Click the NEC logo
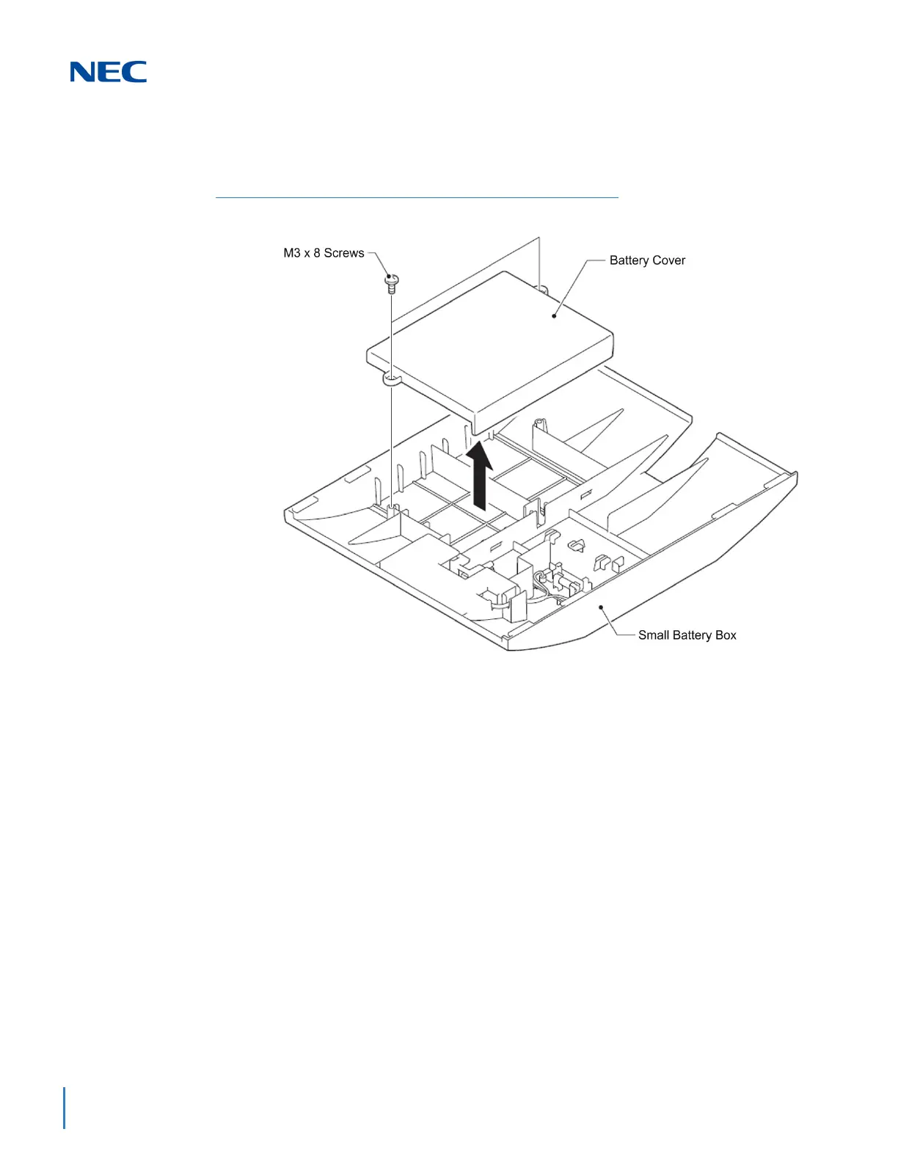coord(108,72)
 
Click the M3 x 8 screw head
coord(391,279)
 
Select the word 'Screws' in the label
coord(344,253)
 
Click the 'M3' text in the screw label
coord(292,253)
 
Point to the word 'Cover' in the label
coord(668,260)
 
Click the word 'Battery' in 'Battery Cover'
coord(629,260)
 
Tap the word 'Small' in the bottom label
coord(654,635)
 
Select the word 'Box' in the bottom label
coord(726,635)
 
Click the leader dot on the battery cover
coord(555,316)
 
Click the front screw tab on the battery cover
coord(392,379)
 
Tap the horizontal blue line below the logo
coord(417,197)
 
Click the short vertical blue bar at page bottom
coord(65,1108)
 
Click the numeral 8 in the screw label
coord(317,253)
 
